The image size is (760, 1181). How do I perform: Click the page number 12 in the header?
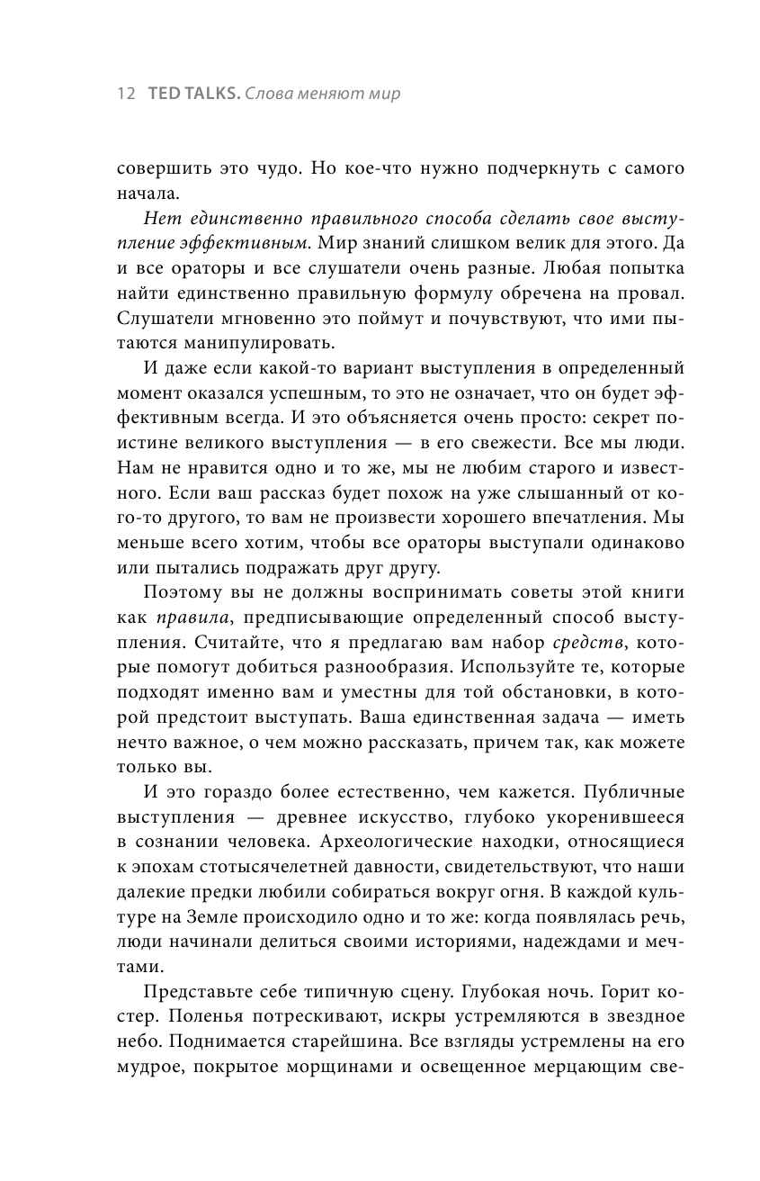(125, 94)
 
